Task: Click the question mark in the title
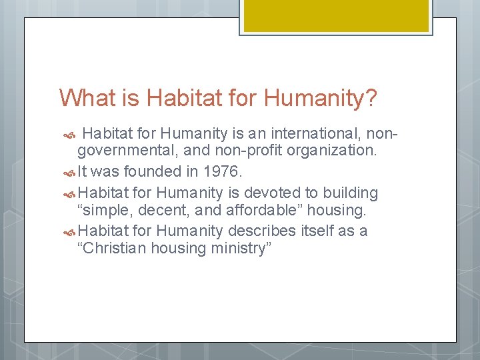(x=371, y=99)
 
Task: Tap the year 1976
(x=221, y=171)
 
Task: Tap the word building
(x=351, y=193)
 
